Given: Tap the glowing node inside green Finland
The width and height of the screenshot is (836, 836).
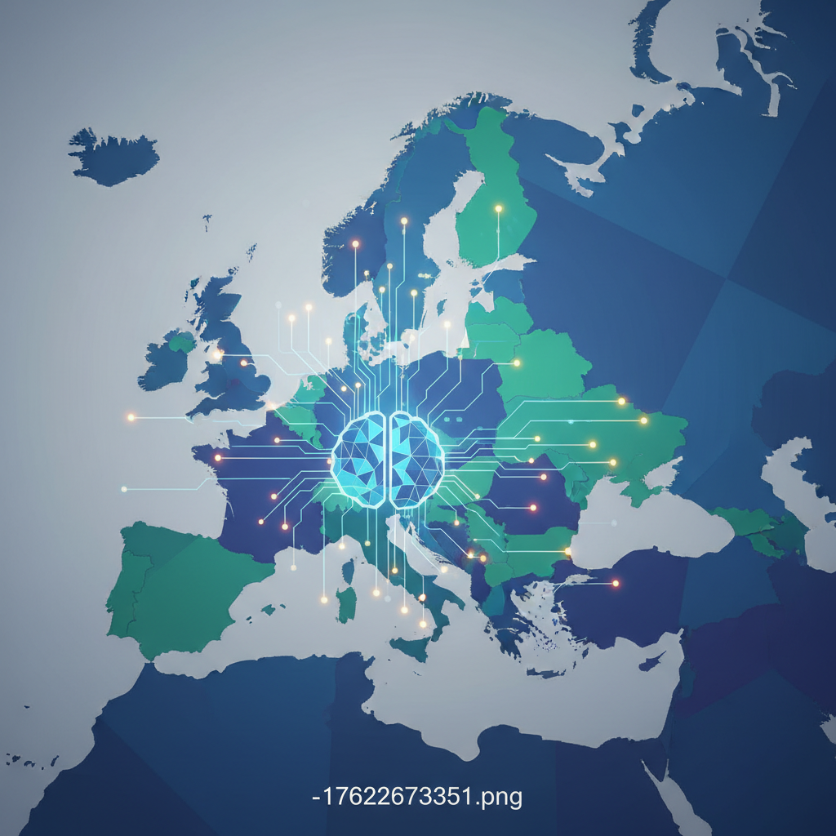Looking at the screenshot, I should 498,209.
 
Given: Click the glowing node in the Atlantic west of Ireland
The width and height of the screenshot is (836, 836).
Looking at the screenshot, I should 130,417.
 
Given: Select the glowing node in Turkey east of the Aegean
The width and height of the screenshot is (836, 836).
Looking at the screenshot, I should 616,584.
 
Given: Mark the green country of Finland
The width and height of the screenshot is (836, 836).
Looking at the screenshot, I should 490,196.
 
